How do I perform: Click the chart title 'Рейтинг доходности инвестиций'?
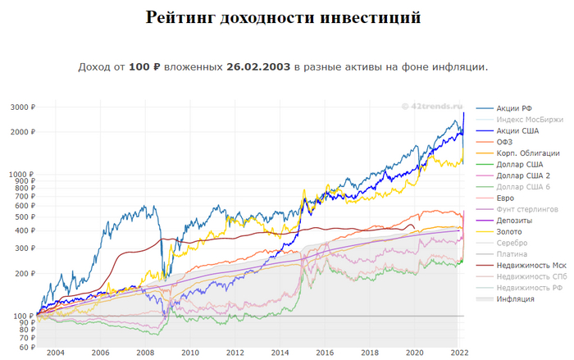(x=283, y=17)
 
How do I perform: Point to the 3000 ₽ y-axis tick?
(x=19, y=107)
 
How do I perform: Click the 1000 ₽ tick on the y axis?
(x=19, y=175)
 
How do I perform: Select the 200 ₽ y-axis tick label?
(x=21, y=274)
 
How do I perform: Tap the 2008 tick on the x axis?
(x=145, y=353)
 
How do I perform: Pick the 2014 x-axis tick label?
(x=280, y=353)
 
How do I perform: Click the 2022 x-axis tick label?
(x=459, y=353)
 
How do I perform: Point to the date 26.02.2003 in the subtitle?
(x=258, y=66)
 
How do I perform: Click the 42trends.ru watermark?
(x=432, y=106)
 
